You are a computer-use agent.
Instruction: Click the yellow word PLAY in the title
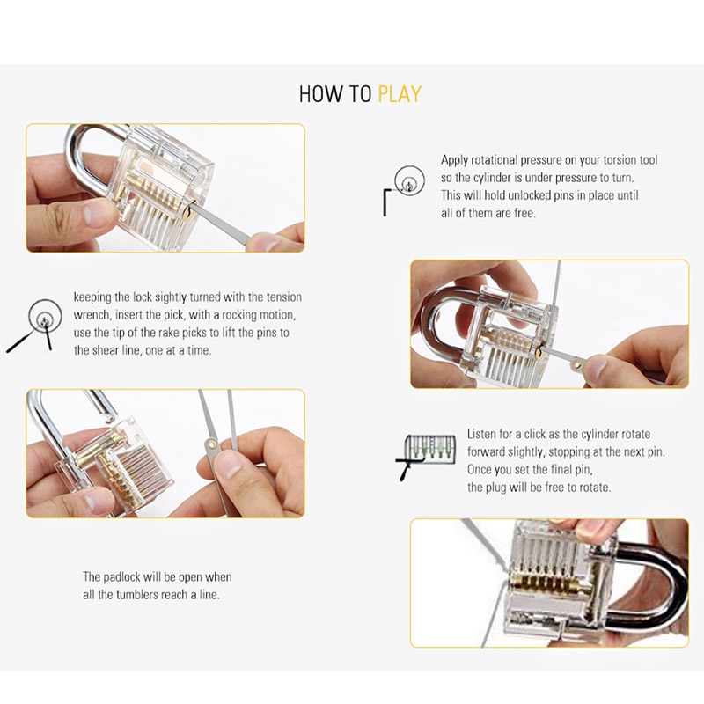tap(400, 94)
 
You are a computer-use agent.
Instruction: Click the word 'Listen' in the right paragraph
tap(481, 434)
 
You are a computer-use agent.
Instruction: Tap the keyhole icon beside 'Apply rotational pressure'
tap(409, 180)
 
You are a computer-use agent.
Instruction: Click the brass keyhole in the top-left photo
tap(189, 211)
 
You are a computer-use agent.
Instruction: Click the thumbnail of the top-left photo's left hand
tap(94, 214)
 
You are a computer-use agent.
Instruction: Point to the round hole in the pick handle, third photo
tap(211, 445)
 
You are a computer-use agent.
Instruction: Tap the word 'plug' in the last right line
tap(495, 488)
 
